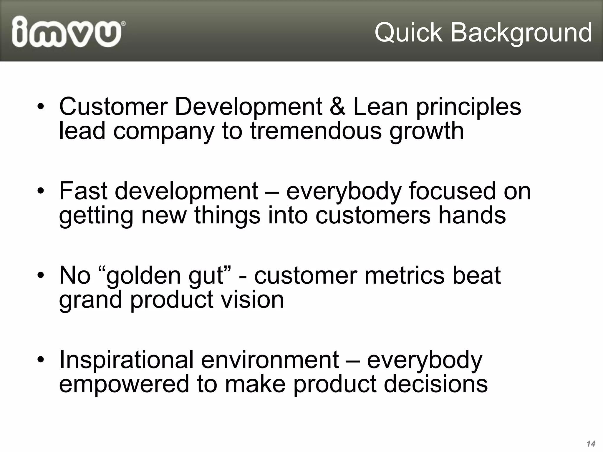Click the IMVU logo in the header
pos(67,32)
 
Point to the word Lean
pos(380,107)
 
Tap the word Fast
pos(83,191)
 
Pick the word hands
pos(472,215)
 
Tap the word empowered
pos(124,385)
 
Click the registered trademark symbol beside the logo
pos(124,23)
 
